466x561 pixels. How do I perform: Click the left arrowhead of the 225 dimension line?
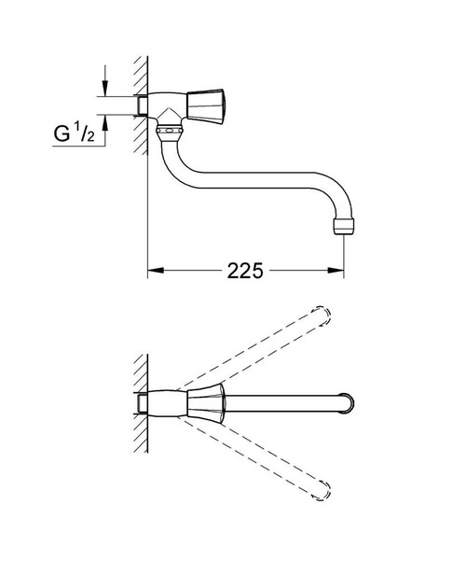point(156,272)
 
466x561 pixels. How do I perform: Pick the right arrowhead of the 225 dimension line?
point(339,272)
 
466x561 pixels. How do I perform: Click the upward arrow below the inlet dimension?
point(105,120)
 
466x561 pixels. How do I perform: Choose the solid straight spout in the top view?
point(280,404)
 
